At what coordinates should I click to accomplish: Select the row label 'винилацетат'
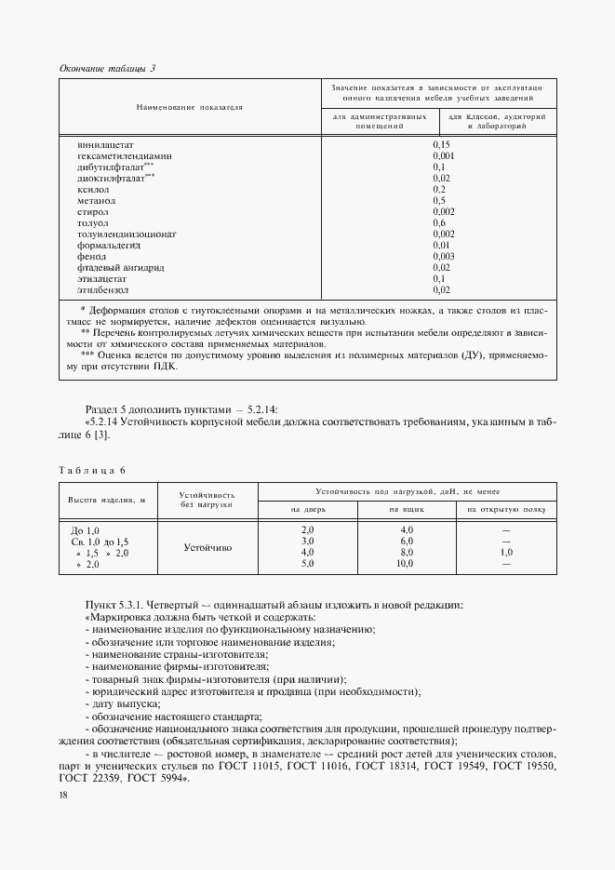point(107,145)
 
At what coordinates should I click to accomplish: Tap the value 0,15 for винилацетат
point(442,145)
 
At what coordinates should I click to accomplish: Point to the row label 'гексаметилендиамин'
point(126,156)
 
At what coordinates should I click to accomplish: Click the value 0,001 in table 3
point(444,156)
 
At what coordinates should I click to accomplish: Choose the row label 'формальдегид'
point(109,245)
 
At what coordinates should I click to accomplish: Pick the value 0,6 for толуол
point(440,222)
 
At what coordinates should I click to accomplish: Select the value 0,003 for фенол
point(444,256)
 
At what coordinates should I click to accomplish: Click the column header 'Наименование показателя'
point(189,108)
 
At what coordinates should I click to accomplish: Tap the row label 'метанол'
point(97,200)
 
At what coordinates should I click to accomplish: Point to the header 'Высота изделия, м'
point(105,502)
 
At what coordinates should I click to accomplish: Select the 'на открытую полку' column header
point(506,510)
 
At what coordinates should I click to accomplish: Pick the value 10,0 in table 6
point(405,564)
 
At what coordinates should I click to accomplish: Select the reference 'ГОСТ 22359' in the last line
point(88,778)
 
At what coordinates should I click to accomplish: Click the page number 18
point(62,796)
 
